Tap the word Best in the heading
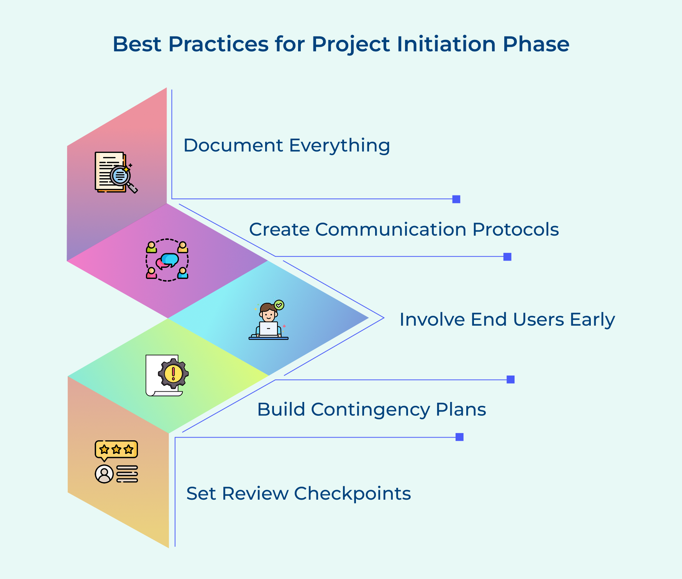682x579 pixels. pyautogui.click(x=137, y=44)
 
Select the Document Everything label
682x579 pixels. pyautogui.click(x=287, y=146)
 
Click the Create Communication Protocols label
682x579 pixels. pyautogui.click(x=404, y=230)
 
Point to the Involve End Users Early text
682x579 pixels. pyautogui.click(x=507, y=320)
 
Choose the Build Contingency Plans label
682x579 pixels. pyautogui.click(x=371, y=409)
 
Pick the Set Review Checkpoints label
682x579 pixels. pyautogui.click(x=298, y=494)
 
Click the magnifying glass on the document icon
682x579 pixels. pyautogui.click(x=121, y=176)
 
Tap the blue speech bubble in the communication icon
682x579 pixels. pyautogui.click(x=170, y=259)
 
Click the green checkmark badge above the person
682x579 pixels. pyautogui.click(x=279, y=305)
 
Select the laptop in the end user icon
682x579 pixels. pyautogui.click(x=268, y=329)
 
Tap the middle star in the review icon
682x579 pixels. pyautogui.click(x=116, y=449)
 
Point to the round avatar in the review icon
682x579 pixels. pyautogui.click(x=104, y=474)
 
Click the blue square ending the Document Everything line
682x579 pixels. pyautogui.click(x=456, y=199)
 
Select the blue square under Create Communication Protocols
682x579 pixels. pyautogui.click(x=507, y=257)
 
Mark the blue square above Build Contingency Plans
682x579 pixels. pyautogui.click(x=510, y=379)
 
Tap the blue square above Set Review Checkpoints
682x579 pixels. pyautogui.click(x=459, y=437)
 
